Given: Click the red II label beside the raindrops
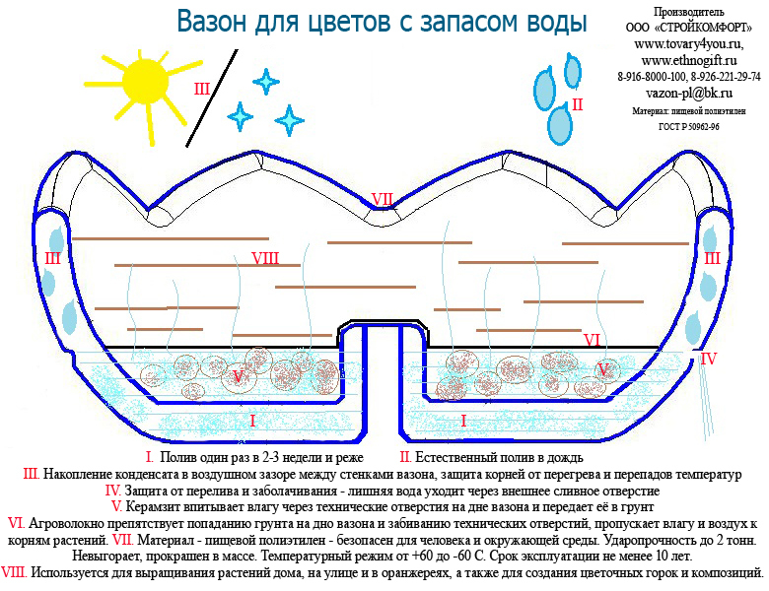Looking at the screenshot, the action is [578, 103].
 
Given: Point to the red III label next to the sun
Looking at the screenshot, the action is [201, 90].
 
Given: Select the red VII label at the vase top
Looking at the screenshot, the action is [383, 200].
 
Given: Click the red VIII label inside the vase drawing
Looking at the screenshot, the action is [264, 259].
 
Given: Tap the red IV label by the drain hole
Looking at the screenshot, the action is [708, 360].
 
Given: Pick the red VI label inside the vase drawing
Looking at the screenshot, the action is [593, 340].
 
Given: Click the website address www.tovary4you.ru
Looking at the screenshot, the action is [688, 44].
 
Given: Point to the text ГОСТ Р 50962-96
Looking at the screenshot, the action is [688, 127].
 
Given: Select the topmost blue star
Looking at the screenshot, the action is [264, 80].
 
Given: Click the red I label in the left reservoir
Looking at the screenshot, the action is [252, 421].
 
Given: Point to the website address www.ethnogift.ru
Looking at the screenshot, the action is [688, 61].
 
